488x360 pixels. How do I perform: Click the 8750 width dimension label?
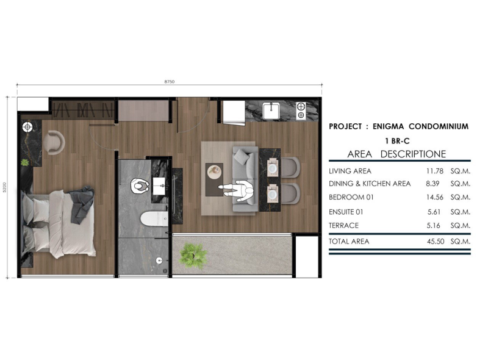tap(170, 82)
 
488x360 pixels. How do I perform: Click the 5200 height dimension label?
tap(5, 187)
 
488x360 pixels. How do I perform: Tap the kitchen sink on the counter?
tap(271, 111)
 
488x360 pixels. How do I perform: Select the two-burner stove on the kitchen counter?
tap(301, 111)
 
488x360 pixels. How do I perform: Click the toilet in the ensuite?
tap(154, 219)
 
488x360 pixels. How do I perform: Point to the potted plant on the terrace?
tap(193, 256)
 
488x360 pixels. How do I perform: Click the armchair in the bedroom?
tap(54, 143)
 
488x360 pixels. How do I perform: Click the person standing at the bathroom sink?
tap(140, 185)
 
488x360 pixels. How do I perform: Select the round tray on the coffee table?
tap(215, 172)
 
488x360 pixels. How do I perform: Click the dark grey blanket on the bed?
tap(81, 204)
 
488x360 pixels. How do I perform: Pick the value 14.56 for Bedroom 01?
tap(435, 197)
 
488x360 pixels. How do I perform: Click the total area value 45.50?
tap(436, 242)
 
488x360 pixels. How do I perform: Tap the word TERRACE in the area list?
tap(343, 226)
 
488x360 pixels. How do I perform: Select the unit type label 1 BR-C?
tap(397, 141)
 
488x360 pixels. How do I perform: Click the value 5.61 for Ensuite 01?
tap(434, 212)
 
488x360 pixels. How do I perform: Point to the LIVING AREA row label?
tap(350, 171)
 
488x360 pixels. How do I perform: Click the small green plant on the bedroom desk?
tap(24, 162)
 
